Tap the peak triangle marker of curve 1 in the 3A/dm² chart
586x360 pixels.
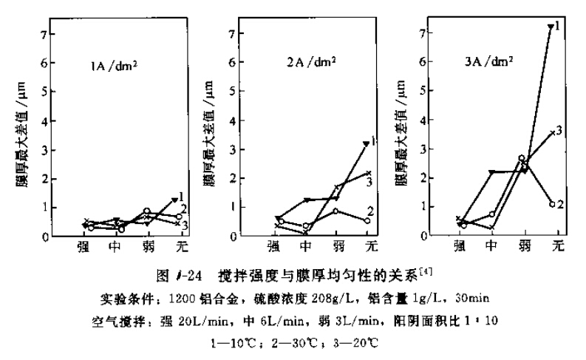coord(550,27)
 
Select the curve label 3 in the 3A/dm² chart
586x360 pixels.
coord(560,130)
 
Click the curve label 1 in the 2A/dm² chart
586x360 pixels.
coord(375,140)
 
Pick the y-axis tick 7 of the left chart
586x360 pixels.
coord(44,34)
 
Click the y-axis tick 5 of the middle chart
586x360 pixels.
coord(233,92)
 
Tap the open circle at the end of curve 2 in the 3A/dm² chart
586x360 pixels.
coord(551,204)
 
